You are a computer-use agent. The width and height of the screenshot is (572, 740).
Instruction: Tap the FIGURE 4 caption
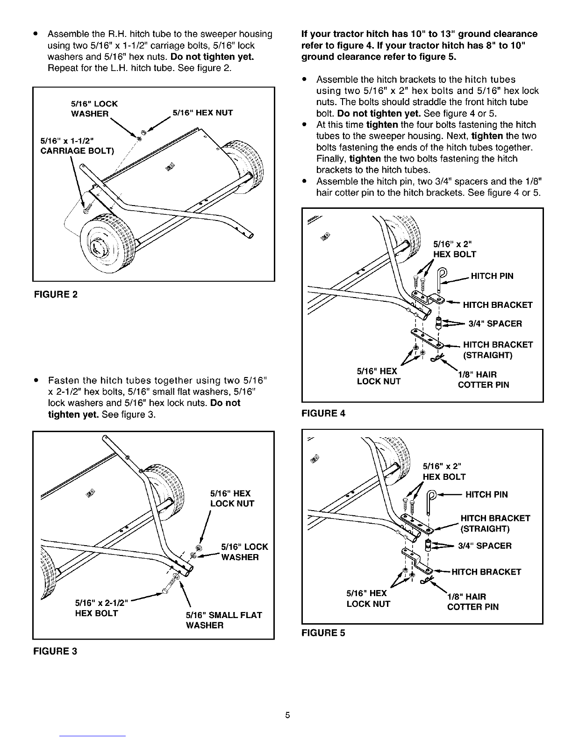click(324, 413)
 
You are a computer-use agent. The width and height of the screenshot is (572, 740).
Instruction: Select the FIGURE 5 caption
click(324, 633)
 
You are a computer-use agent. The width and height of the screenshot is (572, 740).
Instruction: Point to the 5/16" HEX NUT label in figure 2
click(202, 113)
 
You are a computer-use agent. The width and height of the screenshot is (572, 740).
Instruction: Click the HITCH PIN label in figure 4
click(492, 276)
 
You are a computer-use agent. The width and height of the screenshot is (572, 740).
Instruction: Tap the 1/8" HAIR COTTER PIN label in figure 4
click(483, 380)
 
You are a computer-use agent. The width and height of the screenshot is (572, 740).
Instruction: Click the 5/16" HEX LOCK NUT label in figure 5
click(368, 598)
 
